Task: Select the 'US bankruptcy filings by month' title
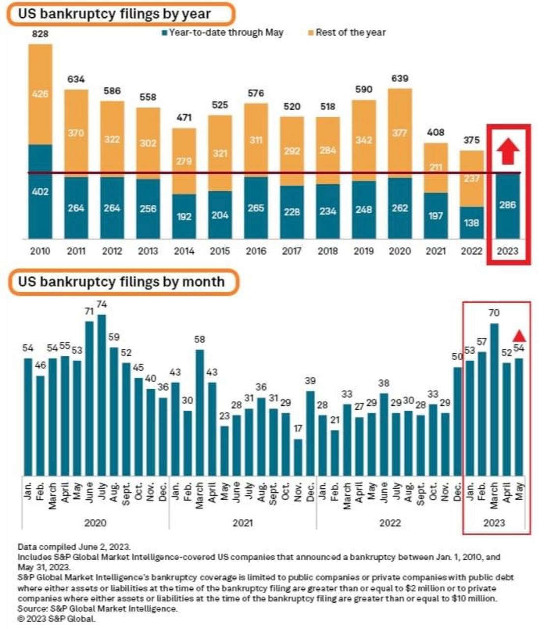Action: (121, 282)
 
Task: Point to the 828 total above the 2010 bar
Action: (40, 34)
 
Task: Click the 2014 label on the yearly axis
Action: (184, 251)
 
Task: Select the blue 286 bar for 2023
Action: (507, 205)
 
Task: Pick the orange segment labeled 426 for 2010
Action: (40, 93)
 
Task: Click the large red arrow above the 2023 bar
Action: (507, 151)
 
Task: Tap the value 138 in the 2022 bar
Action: (471, 223)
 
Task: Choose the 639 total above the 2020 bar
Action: (400, 79)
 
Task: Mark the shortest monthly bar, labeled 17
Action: (298, 457)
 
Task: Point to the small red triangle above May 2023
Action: (519, 336)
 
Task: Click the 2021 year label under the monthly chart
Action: (242, 523)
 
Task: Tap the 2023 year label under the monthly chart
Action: (494, 523)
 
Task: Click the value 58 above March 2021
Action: (200, 340)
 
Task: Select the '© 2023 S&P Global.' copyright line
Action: (57, 619)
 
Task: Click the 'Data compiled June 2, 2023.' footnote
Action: (74, 547)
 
